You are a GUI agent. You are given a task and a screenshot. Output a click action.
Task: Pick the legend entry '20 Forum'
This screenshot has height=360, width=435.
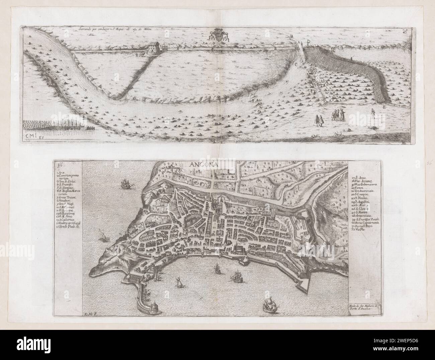[359, 188]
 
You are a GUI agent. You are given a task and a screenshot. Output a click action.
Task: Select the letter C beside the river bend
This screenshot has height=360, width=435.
[296, 65]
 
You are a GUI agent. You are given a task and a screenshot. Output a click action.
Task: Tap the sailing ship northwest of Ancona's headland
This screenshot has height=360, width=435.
[125, 184]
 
